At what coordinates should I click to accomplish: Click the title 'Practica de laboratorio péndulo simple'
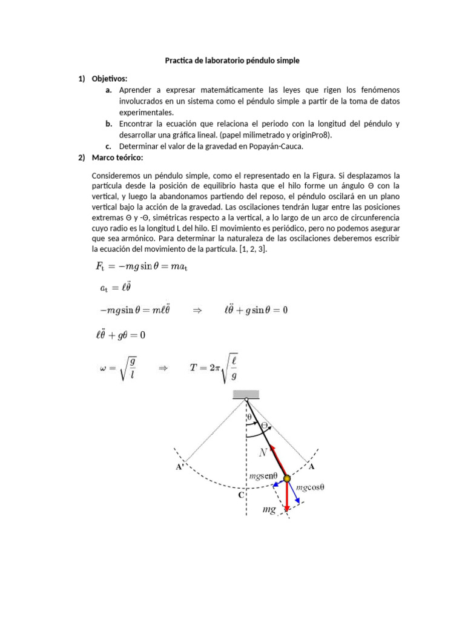[x=232, y=61]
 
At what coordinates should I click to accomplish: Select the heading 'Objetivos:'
[x=110, y=79]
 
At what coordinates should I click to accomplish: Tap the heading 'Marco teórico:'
[x=117, y=157]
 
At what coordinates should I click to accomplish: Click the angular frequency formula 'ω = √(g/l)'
[x=118, y=368]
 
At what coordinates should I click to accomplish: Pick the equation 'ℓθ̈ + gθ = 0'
[x=121, y=334]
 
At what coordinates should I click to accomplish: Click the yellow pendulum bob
[x=286, y=479]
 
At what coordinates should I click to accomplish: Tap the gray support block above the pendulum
[x=246, y=395]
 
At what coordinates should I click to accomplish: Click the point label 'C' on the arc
[x=240, y=495]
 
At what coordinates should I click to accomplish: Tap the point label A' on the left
[x=180, y=467]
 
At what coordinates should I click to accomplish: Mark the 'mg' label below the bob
[x=269, y=510]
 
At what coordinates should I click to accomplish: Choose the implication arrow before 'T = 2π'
[x=163, y=368]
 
